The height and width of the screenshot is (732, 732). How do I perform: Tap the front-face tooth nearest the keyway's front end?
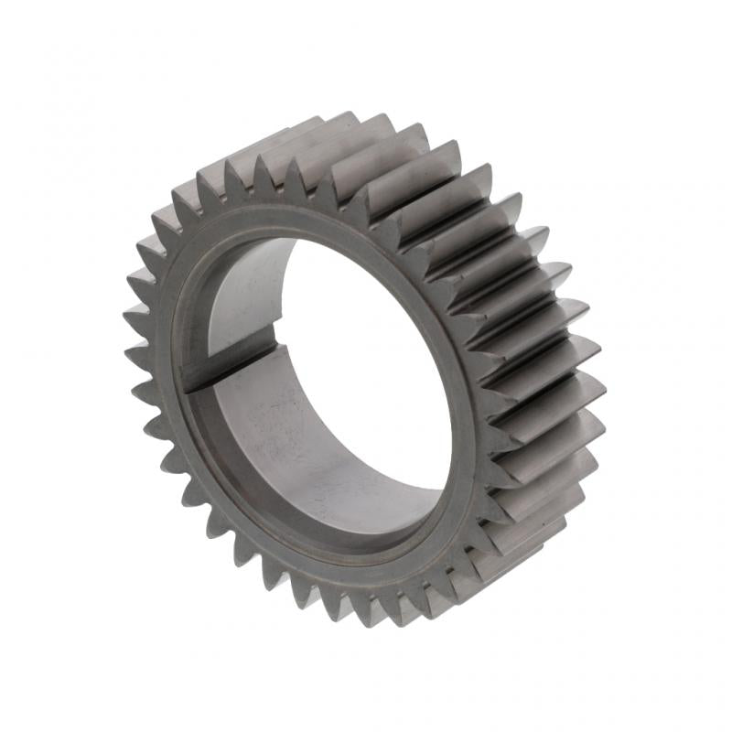click(x=137, y=384)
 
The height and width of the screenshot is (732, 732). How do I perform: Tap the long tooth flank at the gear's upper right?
click(x=430, y=174)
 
